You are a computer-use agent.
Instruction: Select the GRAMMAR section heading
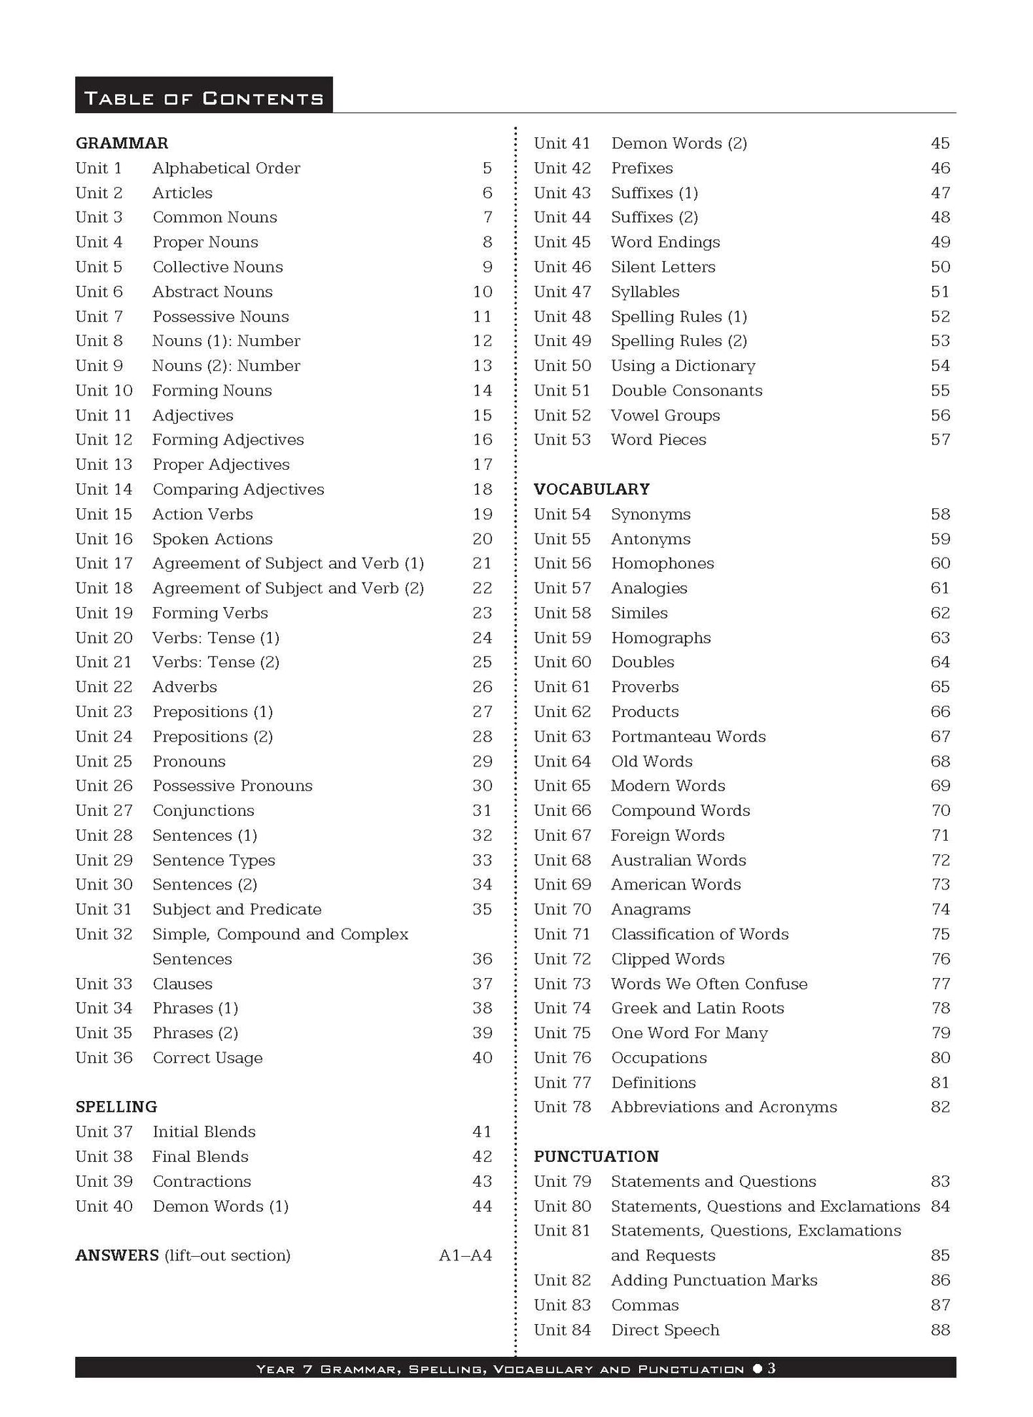click(122, 143)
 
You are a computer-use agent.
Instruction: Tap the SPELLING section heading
click(116, 1107)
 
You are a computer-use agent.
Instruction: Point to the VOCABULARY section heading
click(591, 489)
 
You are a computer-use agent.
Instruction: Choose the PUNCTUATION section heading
click(596, 1156)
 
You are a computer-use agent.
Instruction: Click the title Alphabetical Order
click(226, 168)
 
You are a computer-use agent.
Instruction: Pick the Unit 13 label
click(104, 465)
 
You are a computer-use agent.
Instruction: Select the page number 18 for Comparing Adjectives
click(483, 489)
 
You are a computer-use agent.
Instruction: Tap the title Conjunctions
click(203, 810)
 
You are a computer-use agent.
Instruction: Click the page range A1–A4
click(465, 1255)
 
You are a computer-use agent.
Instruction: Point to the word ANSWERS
click(117, 1255)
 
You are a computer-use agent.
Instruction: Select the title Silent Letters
click(663, 267)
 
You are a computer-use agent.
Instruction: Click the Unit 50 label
click(562, 366)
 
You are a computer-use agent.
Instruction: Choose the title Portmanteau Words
click(688, 736)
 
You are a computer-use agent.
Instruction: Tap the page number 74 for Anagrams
click(940, 909)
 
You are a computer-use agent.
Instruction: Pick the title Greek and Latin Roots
click(697, 1008)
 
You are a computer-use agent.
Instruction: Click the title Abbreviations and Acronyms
click(723, 1107)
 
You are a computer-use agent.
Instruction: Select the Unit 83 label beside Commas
click(562, 1305)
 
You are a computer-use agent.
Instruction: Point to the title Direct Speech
click(665, 1330)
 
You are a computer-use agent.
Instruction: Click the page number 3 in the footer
click(771, 1368)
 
